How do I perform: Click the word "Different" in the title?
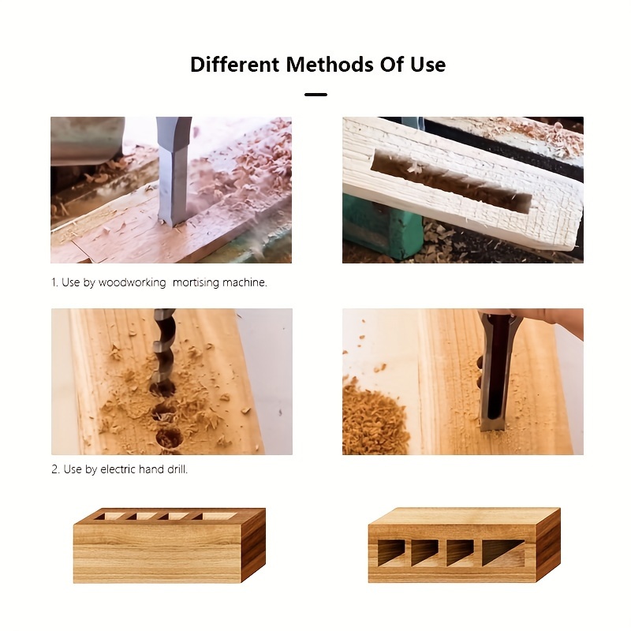[234, 64]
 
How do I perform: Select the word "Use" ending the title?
[428, 64]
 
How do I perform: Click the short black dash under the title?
[315, 94]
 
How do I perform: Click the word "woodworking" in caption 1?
[132, 282]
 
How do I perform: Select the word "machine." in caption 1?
[246, 282]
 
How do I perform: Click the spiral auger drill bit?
[164, 347]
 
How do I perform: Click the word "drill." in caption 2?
[177, 469]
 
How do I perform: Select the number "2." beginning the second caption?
[56, 469]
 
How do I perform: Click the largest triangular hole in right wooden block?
[502, 551]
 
